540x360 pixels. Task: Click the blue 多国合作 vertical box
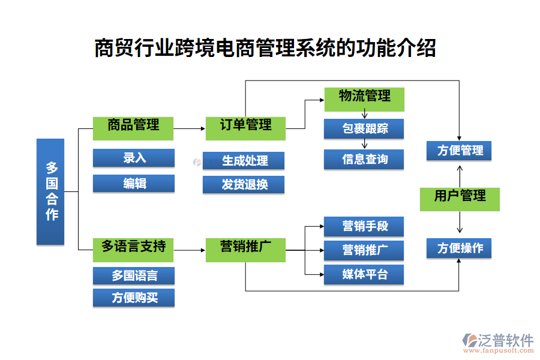[50, 191]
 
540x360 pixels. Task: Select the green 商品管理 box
[133, 127]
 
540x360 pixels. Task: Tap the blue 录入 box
[133, 158]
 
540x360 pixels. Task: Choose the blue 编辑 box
[133, 184]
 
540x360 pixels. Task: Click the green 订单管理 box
[245, 127]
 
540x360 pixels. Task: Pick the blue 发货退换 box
[244, 184]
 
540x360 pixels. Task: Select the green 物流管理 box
[364, 98]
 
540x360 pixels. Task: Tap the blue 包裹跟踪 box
[364, 128]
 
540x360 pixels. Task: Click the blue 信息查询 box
[364, 160]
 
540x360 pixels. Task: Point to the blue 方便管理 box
[459, 151]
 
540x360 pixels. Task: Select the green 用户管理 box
[459, 199]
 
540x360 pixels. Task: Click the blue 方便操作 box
[459, 248]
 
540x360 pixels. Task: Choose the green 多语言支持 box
[133, 248]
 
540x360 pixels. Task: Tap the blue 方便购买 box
[133, 298]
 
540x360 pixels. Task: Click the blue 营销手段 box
[364, 226]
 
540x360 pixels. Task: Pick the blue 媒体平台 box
[364, 275]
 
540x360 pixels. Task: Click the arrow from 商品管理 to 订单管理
[189, 128]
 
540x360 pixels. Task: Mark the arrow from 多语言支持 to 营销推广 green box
[189, 248]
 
